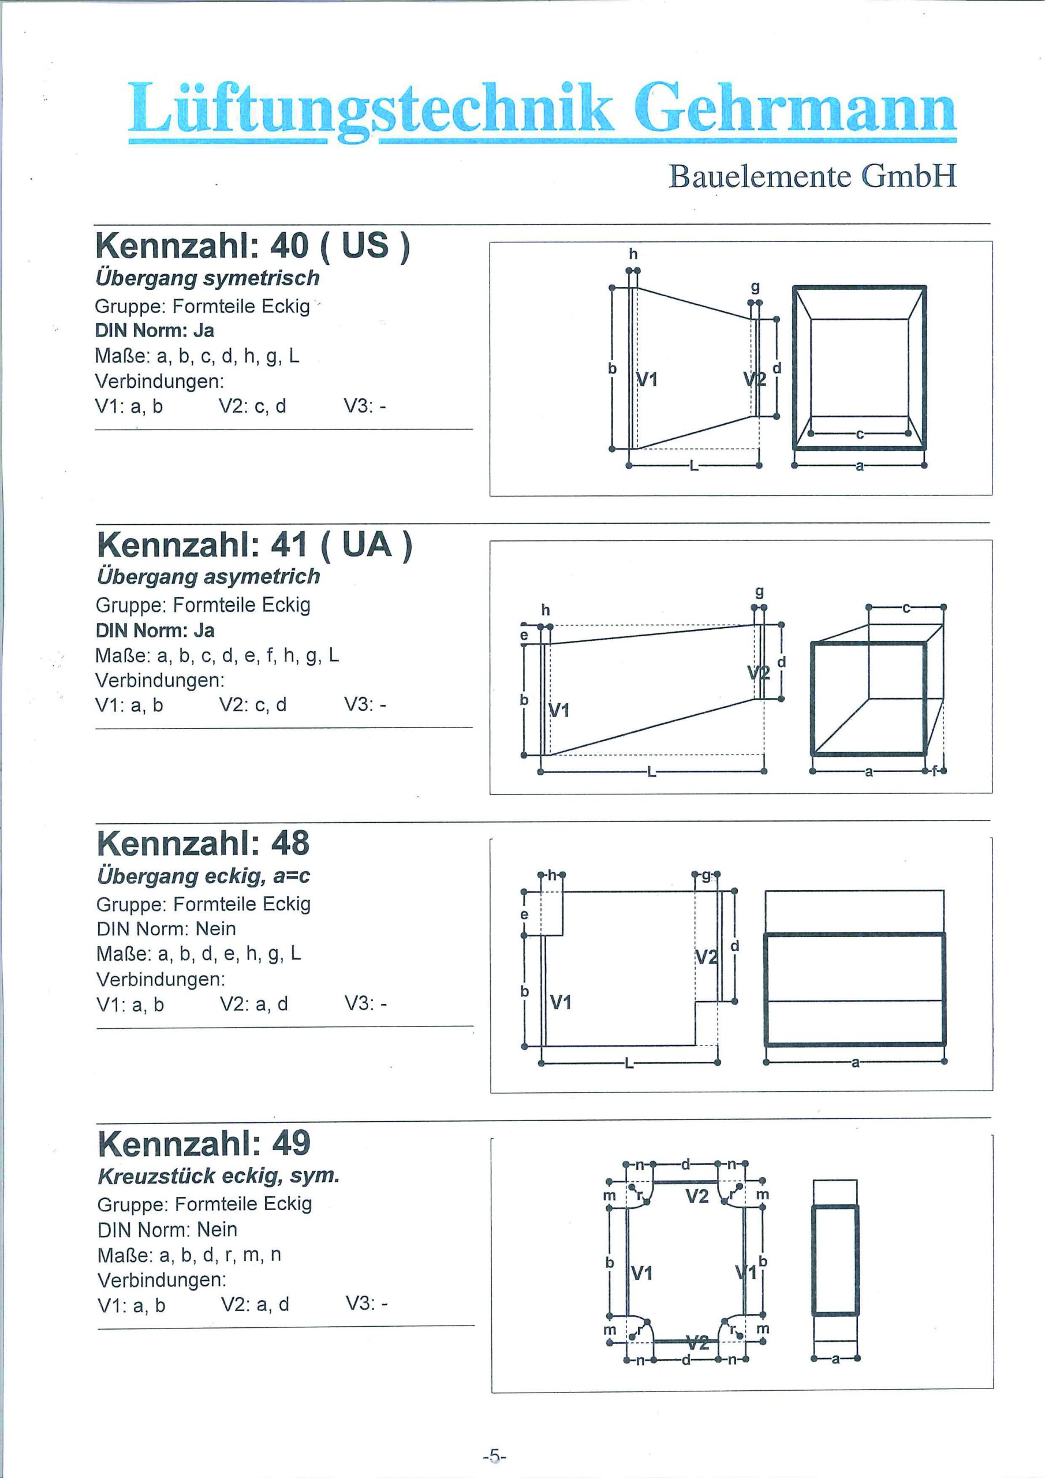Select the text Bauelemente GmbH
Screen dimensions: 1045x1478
coord(812,176)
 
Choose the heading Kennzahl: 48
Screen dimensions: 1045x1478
coord(203,843)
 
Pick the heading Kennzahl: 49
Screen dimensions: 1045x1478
coord(204,1143)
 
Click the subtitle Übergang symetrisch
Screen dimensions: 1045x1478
coord(207,278)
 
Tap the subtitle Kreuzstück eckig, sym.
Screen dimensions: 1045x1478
coord(218,1176)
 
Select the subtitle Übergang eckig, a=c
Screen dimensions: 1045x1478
coord(203,876)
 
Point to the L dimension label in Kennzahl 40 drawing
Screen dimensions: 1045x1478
coord(693,465)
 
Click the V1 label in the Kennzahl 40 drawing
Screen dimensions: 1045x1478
coord(647,380)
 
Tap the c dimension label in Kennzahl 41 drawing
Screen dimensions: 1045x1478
coord(906,606)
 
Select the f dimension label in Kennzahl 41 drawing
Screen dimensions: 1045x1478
coord(934,771)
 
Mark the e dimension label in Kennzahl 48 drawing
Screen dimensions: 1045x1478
coord(524,914)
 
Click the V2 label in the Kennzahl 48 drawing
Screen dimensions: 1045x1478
coord(707,957)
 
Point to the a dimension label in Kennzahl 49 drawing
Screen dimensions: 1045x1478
coord(836,1359)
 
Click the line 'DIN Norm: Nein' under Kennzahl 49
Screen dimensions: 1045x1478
coord(167,1230)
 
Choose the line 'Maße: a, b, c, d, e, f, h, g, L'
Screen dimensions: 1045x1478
coord(217,656)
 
